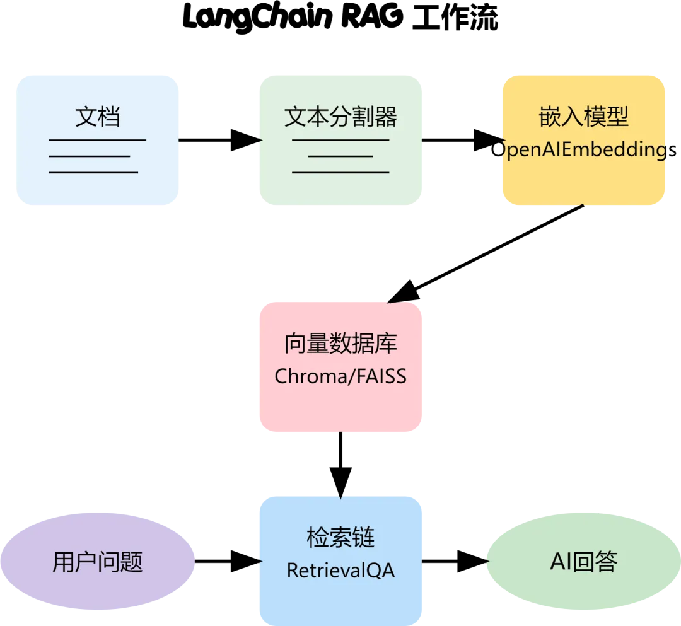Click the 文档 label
[98, 117]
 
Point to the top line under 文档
[98, 140]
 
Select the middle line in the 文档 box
[90, 156]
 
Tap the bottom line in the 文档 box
[93, 172]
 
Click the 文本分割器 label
[340, 117]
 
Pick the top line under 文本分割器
[340, 140]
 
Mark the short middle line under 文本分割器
[340, 156]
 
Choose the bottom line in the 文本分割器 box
[340, 172]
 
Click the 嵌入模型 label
[583, 117]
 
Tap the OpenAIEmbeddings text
[583, 150]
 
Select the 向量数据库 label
[340, 344]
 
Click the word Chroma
[306, 376]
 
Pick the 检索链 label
[340, 538]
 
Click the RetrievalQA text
[340, 571]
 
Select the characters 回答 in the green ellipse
[595, 562]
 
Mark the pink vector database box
[340, 410]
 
